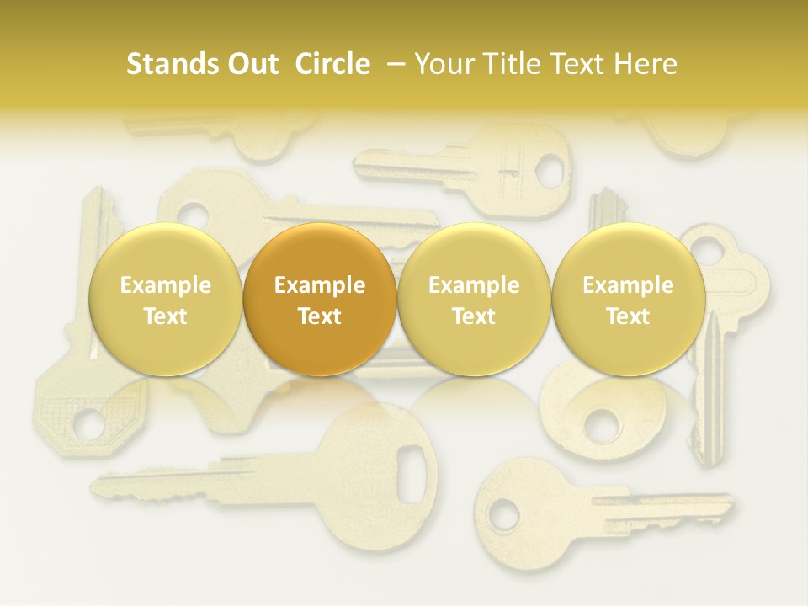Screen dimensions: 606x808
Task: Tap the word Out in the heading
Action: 250,64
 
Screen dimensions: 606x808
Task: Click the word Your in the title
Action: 442,64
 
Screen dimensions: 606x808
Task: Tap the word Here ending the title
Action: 646,64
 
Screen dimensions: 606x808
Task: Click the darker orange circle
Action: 319,299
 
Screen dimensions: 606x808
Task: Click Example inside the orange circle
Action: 319,285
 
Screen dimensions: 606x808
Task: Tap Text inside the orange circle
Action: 319,316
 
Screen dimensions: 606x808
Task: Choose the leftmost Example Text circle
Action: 165,299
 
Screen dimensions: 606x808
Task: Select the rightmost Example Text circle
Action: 628,299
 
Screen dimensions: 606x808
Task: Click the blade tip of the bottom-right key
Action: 726,498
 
